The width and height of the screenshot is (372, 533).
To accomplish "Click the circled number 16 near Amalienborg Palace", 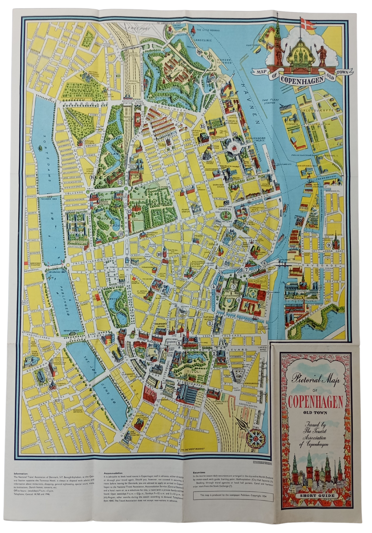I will (x=234, y=134).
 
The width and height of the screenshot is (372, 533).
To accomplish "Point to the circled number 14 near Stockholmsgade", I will (x=91, y=177).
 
